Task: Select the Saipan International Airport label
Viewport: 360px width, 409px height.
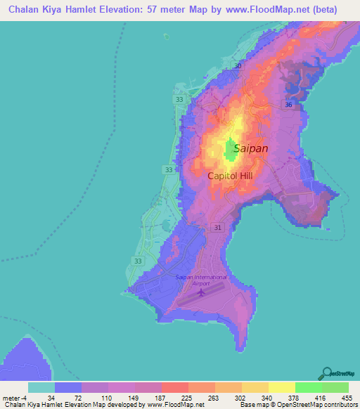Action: pyautogui.click(x=201, y=280)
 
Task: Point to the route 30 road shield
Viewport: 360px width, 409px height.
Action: pyautogui.click(x=238, y=66)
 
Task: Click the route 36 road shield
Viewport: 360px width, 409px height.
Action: pyautogui.click(x=288, y=104)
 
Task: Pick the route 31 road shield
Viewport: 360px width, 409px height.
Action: pyautogui.click(x=218, y=227)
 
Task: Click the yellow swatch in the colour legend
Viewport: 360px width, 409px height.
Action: pyautogui.click(x=281, y=387)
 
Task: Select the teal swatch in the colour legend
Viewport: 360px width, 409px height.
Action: pyautogui.click(x=41, y=387)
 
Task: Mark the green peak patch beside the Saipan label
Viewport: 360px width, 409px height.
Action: pyautogui.click(x=231, y=148)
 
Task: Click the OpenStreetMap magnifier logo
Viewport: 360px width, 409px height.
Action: pyautogui.click(x=327, y=373)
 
